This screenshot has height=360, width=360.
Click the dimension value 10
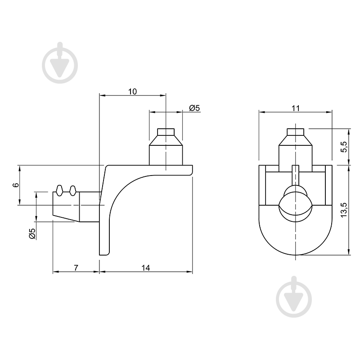[x=132, y=91]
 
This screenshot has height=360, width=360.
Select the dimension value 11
[x=296, y=108]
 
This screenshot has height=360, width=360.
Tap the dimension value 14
[x=145, y=268]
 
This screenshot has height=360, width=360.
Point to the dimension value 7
[x=76, y=268]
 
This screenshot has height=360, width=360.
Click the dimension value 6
[x=16, y=185]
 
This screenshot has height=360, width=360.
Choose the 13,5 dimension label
[x=344, y=210]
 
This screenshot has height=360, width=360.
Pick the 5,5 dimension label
[x=344, y=147]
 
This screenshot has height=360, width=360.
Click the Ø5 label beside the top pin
[x=194, y=108]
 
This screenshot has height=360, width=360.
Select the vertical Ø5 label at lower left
[x=32, y=234]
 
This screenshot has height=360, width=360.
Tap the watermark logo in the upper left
[x=60, y=63]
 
